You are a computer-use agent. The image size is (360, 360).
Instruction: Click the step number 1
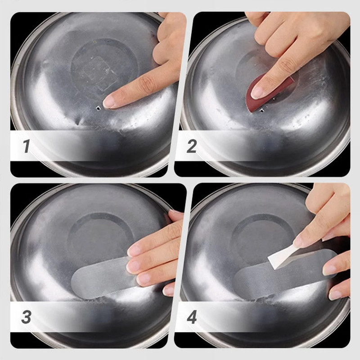click(27, 146)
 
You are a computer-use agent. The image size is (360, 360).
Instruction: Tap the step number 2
click(192, 146)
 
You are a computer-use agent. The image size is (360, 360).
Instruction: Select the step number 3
click(27, 317)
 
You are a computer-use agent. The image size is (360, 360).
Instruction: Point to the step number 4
click(192, 317)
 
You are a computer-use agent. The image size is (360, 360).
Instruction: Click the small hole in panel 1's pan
click(99, 108)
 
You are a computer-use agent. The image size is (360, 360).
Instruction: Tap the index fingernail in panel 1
click(108, 103)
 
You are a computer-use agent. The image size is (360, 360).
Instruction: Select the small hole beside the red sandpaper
click(261, 111)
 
